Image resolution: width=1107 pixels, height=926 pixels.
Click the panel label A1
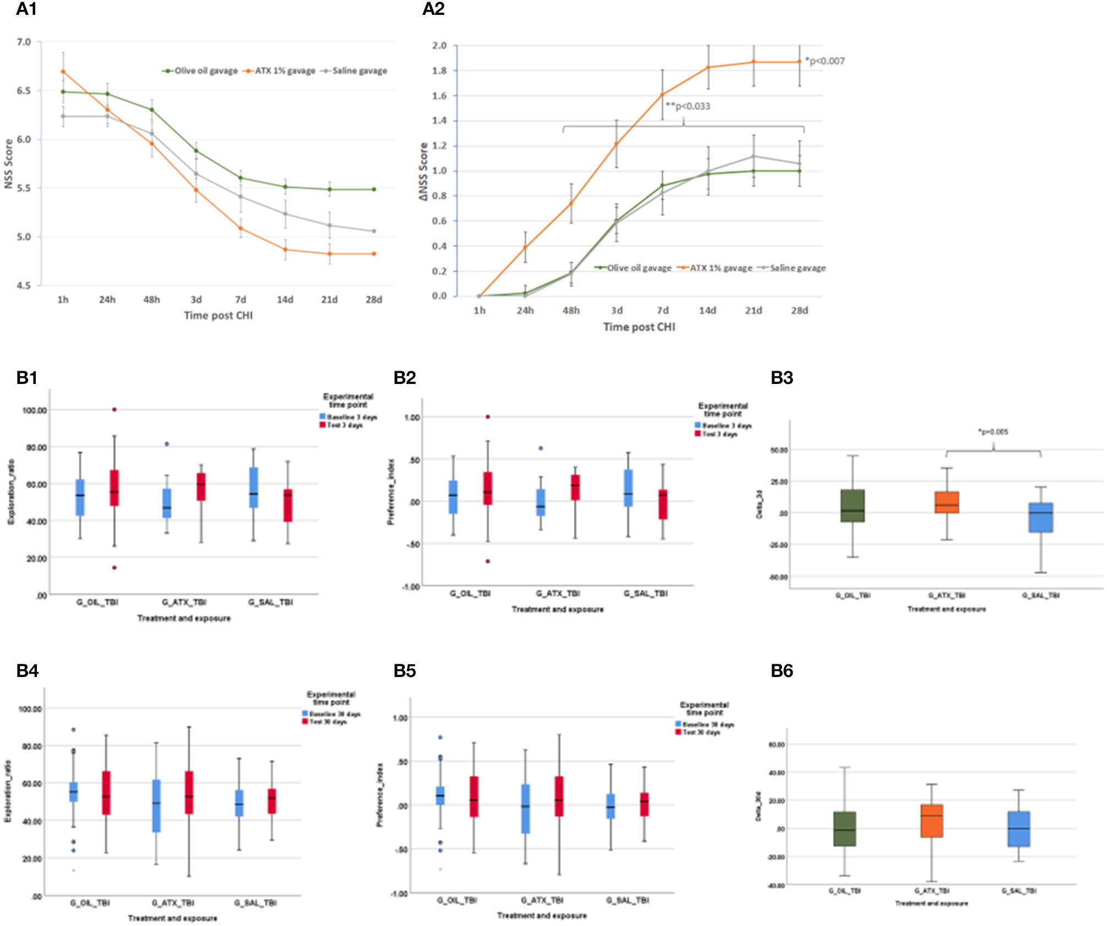tap(26, 9)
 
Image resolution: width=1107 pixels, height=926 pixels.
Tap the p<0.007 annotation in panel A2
tap(824, 61)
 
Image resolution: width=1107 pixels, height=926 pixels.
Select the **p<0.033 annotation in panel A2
tap(688, 106)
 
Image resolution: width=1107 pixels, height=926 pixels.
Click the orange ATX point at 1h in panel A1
tap(63, 72)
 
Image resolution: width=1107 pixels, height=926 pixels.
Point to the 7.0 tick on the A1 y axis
tap(24, 42)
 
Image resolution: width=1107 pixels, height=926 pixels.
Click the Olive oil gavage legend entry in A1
tap(200, 71)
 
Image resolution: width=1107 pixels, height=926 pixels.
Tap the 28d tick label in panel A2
tap(800, 310)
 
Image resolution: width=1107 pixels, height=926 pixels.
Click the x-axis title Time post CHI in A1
tap(218, 315)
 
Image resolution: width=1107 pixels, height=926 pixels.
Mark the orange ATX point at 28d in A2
tap(800, 62)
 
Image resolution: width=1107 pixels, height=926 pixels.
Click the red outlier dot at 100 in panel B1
tap(115, 409)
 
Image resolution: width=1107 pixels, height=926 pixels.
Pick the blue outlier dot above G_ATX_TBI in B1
tap(167, 443)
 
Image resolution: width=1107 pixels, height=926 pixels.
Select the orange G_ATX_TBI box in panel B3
tap(947, 502)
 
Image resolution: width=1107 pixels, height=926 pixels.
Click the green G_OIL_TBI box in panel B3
tap(853, 505)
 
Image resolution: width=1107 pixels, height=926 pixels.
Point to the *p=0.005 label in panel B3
tap(993, 432)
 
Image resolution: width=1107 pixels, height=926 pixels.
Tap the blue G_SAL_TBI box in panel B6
tap(1019, 828)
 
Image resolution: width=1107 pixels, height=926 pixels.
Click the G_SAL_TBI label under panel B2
tap(645, 593)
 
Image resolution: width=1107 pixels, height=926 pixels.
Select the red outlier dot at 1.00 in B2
tap(488, 416)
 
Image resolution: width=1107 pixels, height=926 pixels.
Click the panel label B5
tap(404, 671)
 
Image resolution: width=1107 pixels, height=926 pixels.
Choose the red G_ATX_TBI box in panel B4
tap(189, 792)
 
